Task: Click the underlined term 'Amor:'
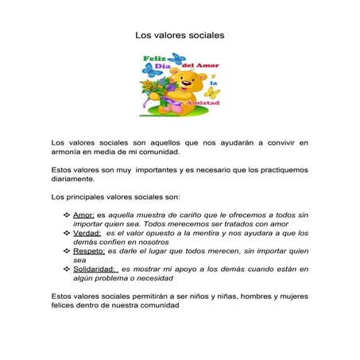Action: point(83,215)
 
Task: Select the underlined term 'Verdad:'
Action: point(87,233)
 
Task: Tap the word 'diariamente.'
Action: point(76,180)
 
